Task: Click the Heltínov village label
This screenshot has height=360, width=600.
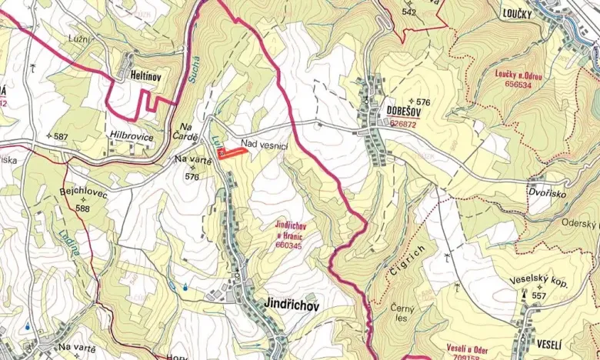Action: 139,75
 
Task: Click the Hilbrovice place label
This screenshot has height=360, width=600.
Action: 132,137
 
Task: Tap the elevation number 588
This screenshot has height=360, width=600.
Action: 83,208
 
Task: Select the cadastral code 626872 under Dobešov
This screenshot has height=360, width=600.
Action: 402,123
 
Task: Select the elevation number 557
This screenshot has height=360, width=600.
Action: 538,295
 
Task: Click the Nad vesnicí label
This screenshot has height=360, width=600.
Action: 264,143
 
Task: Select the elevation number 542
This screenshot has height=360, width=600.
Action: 408,12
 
